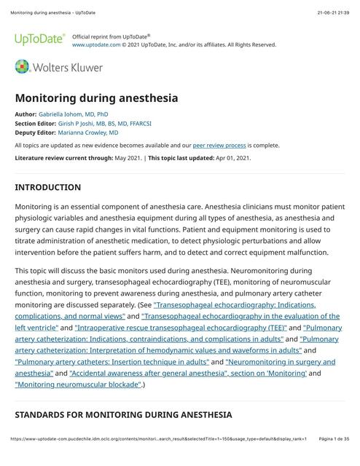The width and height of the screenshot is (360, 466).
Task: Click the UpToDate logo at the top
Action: [x=39, y=39]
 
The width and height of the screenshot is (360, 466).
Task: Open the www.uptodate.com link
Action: [x=96, y=44]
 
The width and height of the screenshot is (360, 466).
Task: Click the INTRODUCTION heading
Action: [x=48, y=187]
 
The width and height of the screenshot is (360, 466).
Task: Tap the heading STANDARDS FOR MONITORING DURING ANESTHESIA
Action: [x=123, y=414]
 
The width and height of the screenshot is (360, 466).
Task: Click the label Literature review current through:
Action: [x=63, y=158]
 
